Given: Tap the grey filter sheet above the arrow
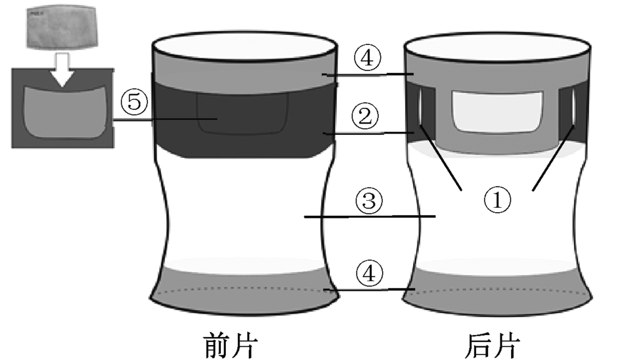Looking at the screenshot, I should (62, 29).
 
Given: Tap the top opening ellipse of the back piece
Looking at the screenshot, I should (497, 49).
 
